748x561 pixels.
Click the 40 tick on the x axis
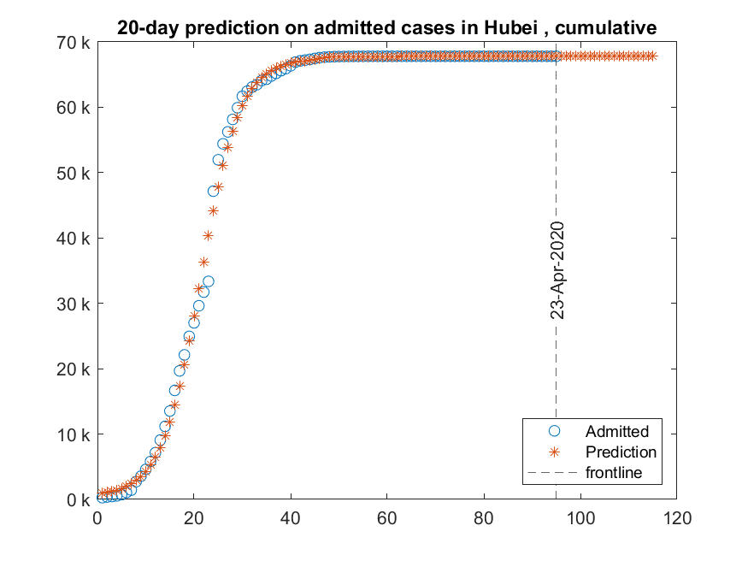pyautogui.click(x=291, y=517)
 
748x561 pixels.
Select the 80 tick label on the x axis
pyautogui.click(x=484, y=517)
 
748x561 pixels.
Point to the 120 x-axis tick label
pyautogui.click(x=677, y=517)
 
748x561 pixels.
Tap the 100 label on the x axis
pyautogui.click(x=580, y=517)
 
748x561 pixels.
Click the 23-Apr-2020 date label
pyautogui.click(x=557, y=270)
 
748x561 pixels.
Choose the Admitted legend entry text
pyautogui.click(x=616, y=431)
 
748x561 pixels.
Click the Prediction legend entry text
pyautogui.click(x=621, y=452)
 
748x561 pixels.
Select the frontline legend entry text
pyautogui.click(x=613, y=472)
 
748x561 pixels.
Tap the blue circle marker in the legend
pyautogui.click(x=554, y=431)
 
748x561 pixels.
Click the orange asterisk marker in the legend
pyautogui.click(x=554, y=452)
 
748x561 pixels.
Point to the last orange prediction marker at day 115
pyautogui.click(x=652, y=56)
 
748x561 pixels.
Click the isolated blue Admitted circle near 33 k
pyautogui.click(x=208, y=280)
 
